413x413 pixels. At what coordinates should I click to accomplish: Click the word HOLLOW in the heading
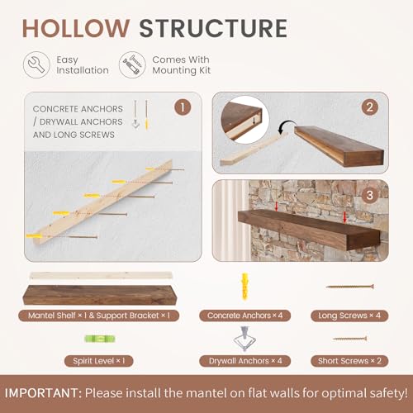(75, 28)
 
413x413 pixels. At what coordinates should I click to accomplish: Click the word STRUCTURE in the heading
(213, 28)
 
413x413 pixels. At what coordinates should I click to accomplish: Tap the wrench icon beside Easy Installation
(36, 65)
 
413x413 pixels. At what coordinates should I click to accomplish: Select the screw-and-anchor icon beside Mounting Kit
(132, 65)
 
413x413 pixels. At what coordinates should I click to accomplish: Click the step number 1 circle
(183, 107)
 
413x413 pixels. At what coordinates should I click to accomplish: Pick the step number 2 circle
(370, 107)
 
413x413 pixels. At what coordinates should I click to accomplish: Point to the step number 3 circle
(370, 195)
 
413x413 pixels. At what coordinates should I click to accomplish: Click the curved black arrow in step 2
(287, 126)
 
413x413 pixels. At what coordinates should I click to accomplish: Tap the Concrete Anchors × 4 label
(244, 316)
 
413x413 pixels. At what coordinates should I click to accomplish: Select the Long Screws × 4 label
(349, 316)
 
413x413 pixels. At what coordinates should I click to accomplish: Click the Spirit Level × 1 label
(99, 361)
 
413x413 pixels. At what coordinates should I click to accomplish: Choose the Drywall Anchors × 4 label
(244, 361)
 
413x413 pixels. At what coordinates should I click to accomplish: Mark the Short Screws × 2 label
(349, 361)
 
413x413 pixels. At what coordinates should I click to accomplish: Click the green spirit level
(100, 339)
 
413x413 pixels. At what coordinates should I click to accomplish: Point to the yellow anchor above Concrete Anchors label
(244, 287)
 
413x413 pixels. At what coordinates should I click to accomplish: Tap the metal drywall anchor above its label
(244, 339)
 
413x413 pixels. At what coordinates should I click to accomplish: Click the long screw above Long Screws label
(349, 287)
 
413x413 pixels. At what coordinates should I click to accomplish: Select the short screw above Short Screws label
(349, 339)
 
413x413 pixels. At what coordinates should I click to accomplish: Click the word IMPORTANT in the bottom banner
(43, 393)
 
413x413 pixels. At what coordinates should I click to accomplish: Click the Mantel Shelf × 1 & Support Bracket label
(99, 316)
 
